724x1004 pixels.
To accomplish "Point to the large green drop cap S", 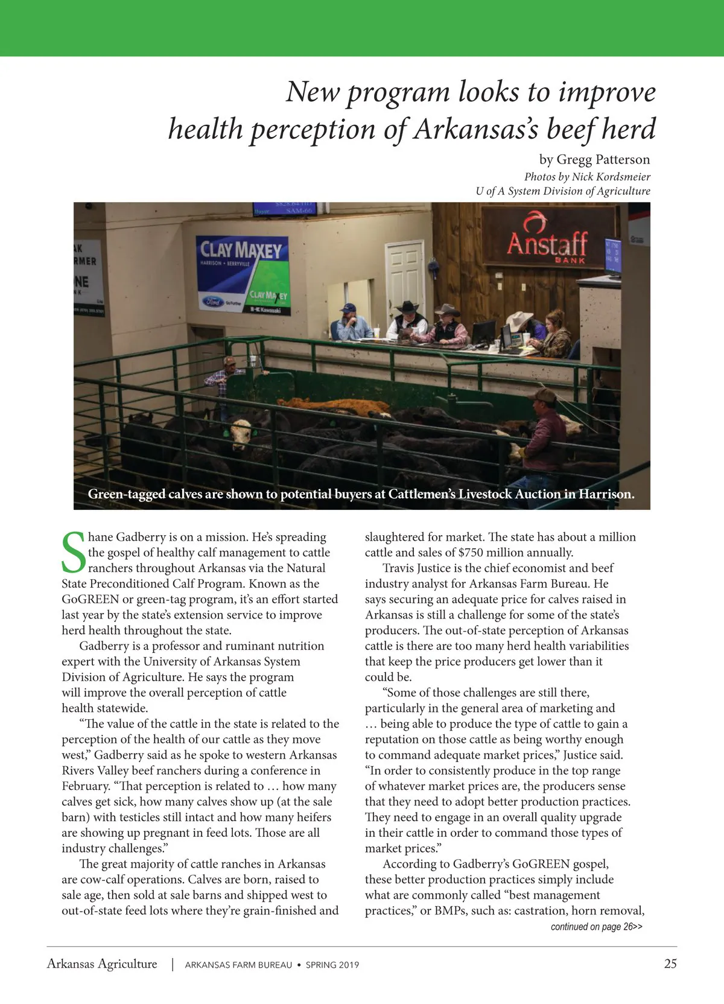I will click(73, 552).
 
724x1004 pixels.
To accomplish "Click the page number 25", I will click(670, 964).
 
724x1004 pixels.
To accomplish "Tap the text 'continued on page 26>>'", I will click(596, 927).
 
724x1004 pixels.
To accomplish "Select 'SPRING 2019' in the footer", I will click(332, 965).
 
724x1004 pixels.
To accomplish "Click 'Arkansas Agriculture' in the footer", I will click(102, 964).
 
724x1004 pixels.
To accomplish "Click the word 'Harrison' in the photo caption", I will click(606, 494).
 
